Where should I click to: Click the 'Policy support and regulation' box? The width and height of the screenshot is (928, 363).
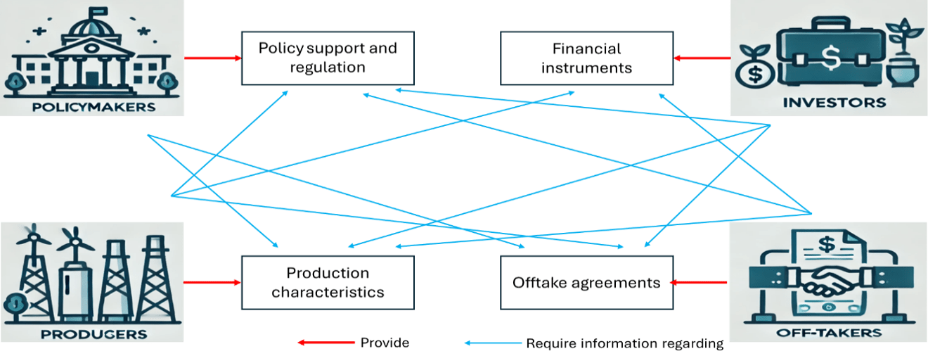[328, 58]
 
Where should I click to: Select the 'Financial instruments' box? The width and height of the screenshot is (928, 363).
[586, 58]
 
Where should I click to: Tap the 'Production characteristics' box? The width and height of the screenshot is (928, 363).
[328, 282]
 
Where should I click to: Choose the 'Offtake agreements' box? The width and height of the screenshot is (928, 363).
[586, 282]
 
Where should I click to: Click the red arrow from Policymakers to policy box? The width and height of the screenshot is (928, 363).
[212, 58]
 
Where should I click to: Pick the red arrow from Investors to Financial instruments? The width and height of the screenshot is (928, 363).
[701, 58]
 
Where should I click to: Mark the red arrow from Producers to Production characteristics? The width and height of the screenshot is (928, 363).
[212, 283]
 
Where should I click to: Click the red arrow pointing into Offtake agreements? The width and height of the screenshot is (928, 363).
[698, 283]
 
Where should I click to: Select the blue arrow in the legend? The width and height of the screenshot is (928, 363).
[491, 343]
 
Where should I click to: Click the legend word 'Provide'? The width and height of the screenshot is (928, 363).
[385, 343]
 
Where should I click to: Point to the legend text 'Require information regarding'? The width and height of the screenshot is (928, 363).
[624, 343]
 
